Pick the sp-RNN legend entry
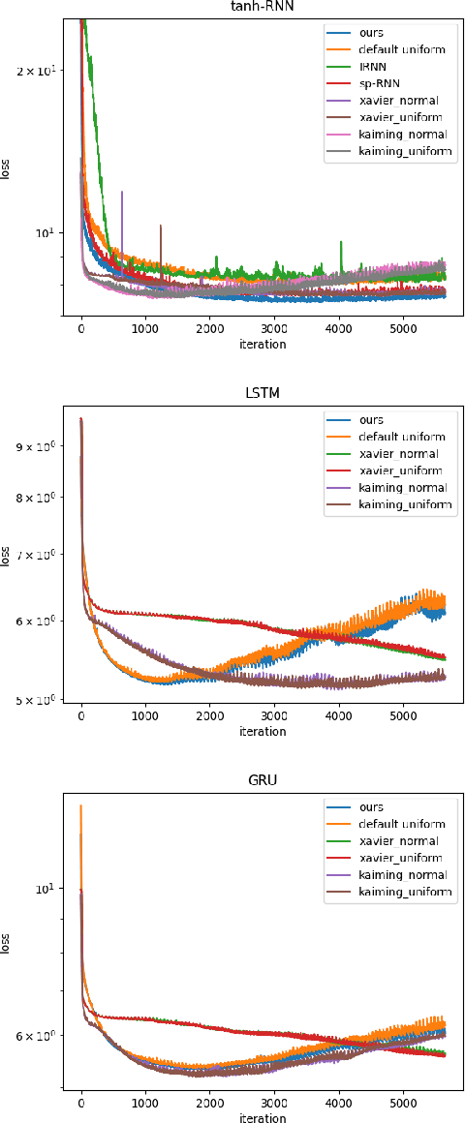point(376,84)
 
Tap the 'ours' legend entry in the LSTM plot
point(371,420)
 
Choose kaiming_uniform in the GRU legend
point(403,892)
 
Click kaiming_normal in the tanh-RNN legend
point(399,135)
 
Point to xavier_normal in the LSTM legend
point(397,454)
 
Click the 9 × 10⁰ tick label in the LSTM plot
point(45,446)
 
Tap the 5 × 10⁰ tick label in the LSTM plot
point(45,699)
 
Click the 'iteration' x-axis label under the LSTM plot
point(262,731)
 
